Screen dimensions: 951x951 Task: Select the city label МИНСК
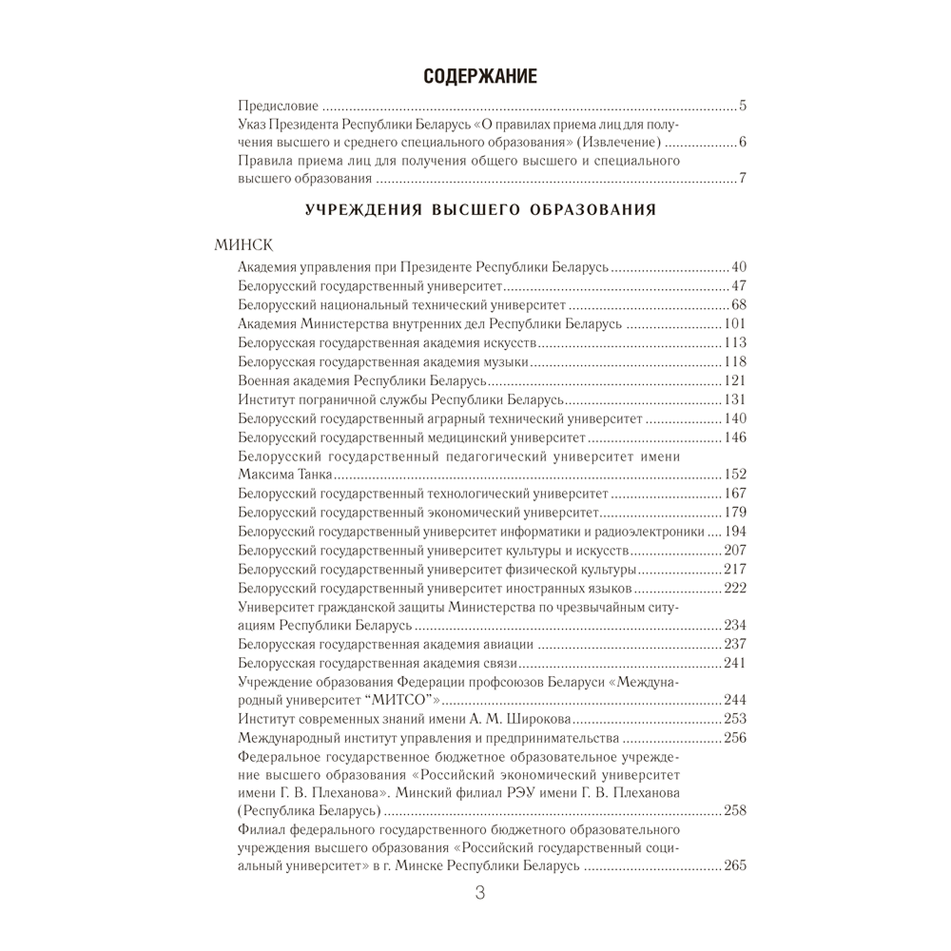[x=244, y=244]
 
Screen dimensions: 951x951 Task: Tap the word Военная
[x=263, y=380]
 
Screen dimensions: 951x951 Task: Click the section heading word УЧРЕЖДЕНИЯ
[x=362, y=209]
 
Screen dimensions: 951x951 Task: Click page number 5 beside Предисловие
[x=743, y=106]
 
